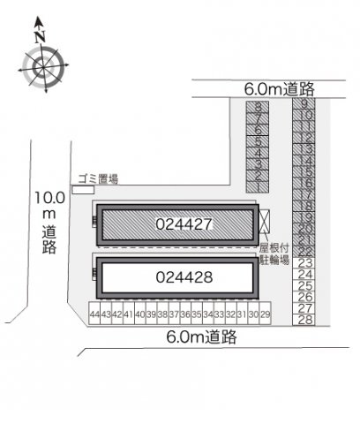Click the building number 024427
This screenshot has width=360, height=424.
(x=183, y=224)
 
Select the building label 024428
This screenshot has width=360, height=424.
(x=183, y=277)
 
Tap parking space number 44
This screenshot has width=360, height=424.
(x=94, y=314)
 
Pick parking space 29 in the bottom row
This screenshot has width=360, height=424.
(x=265, y=314)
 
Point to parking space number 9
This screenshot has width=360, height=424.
(x=305, y=104)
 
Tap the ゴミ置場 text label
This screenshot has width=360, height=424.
(x=96, y=178)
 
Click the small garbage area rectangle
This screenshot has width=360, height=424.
(x=83, y=190)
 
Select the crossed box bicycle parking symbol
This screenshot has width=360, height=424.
(x=266, y=221)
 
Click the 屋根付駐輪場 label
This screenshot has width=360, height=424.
(x=274, y=255)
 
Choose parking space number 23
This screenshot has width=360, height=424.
(x=305, y=262)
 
